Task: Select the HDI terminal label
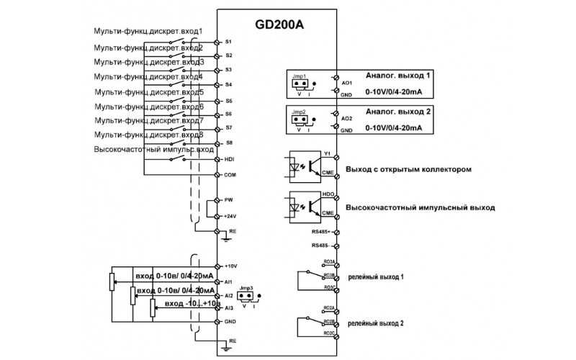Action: (230, 160)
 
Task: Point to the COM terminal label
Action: (230, 175)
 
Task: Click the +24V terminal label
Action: (230, 216)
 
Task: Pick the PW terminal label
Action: (229, 200)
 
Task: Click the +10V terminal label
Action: (230, 266)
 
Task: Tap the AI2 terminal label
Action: (229, 295)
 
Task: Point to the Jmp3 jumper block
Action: (246, 295)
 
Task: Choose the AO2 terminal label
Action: (346, 117)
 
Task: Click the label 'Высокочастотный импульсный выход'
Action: (420, 207)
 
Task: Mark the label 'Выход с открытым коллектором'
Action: (408, 170)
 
